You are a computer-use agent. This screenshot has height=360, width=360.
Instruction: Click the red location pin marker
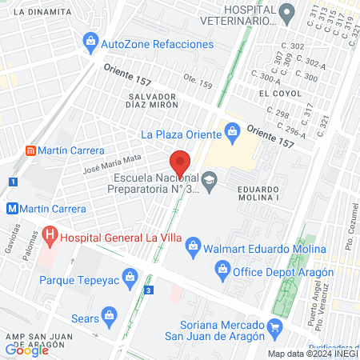pos(180,163)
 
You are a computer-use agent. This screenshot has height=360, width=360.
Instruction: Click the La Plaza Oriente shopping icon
pos(233,129)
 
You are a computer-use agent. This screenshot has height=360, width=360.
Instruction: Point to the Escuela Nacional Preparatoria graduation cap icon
pos(210,178)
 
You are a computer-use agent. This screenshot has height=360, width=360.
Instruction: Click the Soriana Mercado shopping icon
pos(276,326)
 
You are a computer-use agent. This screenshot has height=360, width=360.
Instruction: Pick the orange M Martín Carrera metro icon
pos(12,208)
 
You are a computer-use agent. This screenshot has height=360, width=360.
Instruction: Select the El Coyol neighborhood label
pos(279,94)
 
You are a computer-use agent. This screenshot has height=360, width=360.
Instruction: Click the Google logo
pos(26,350)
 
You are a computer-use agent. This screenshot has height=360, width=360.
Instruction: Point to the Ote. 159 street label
pos(198,81)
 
